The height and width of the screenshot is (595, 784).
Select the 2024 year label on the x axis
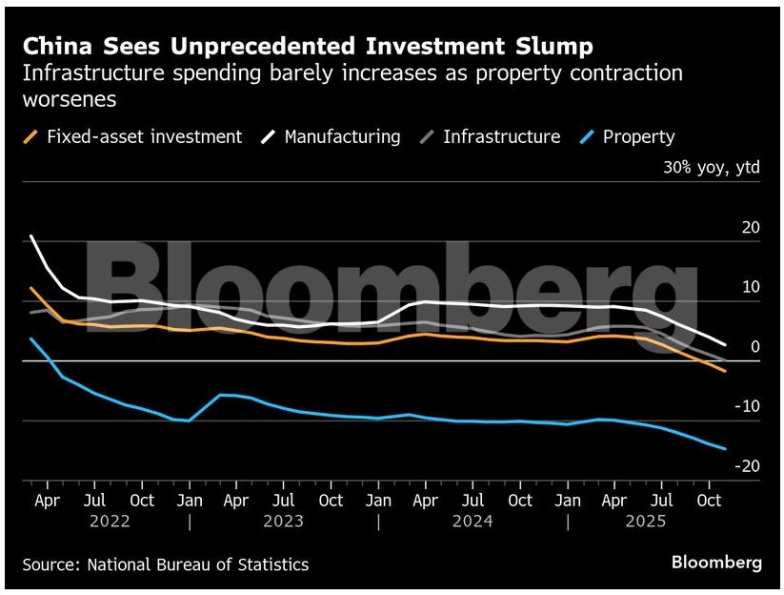click(473, 522)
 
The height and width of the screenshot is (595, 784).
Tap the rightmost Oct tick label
click(707, 501)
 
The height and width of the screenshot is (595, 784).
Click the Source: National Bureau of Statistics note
click(166, 564)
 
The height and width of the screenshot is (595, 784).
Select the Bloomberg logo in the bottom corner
click(716, 563)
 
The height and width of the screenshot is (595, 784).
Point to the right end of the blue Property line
click(726, 448)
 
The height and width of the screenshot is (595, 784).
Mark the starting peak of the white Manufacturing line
click(32, 236)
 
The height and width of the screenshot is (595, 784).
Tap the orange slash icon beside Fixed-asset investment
click(32, 136)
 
